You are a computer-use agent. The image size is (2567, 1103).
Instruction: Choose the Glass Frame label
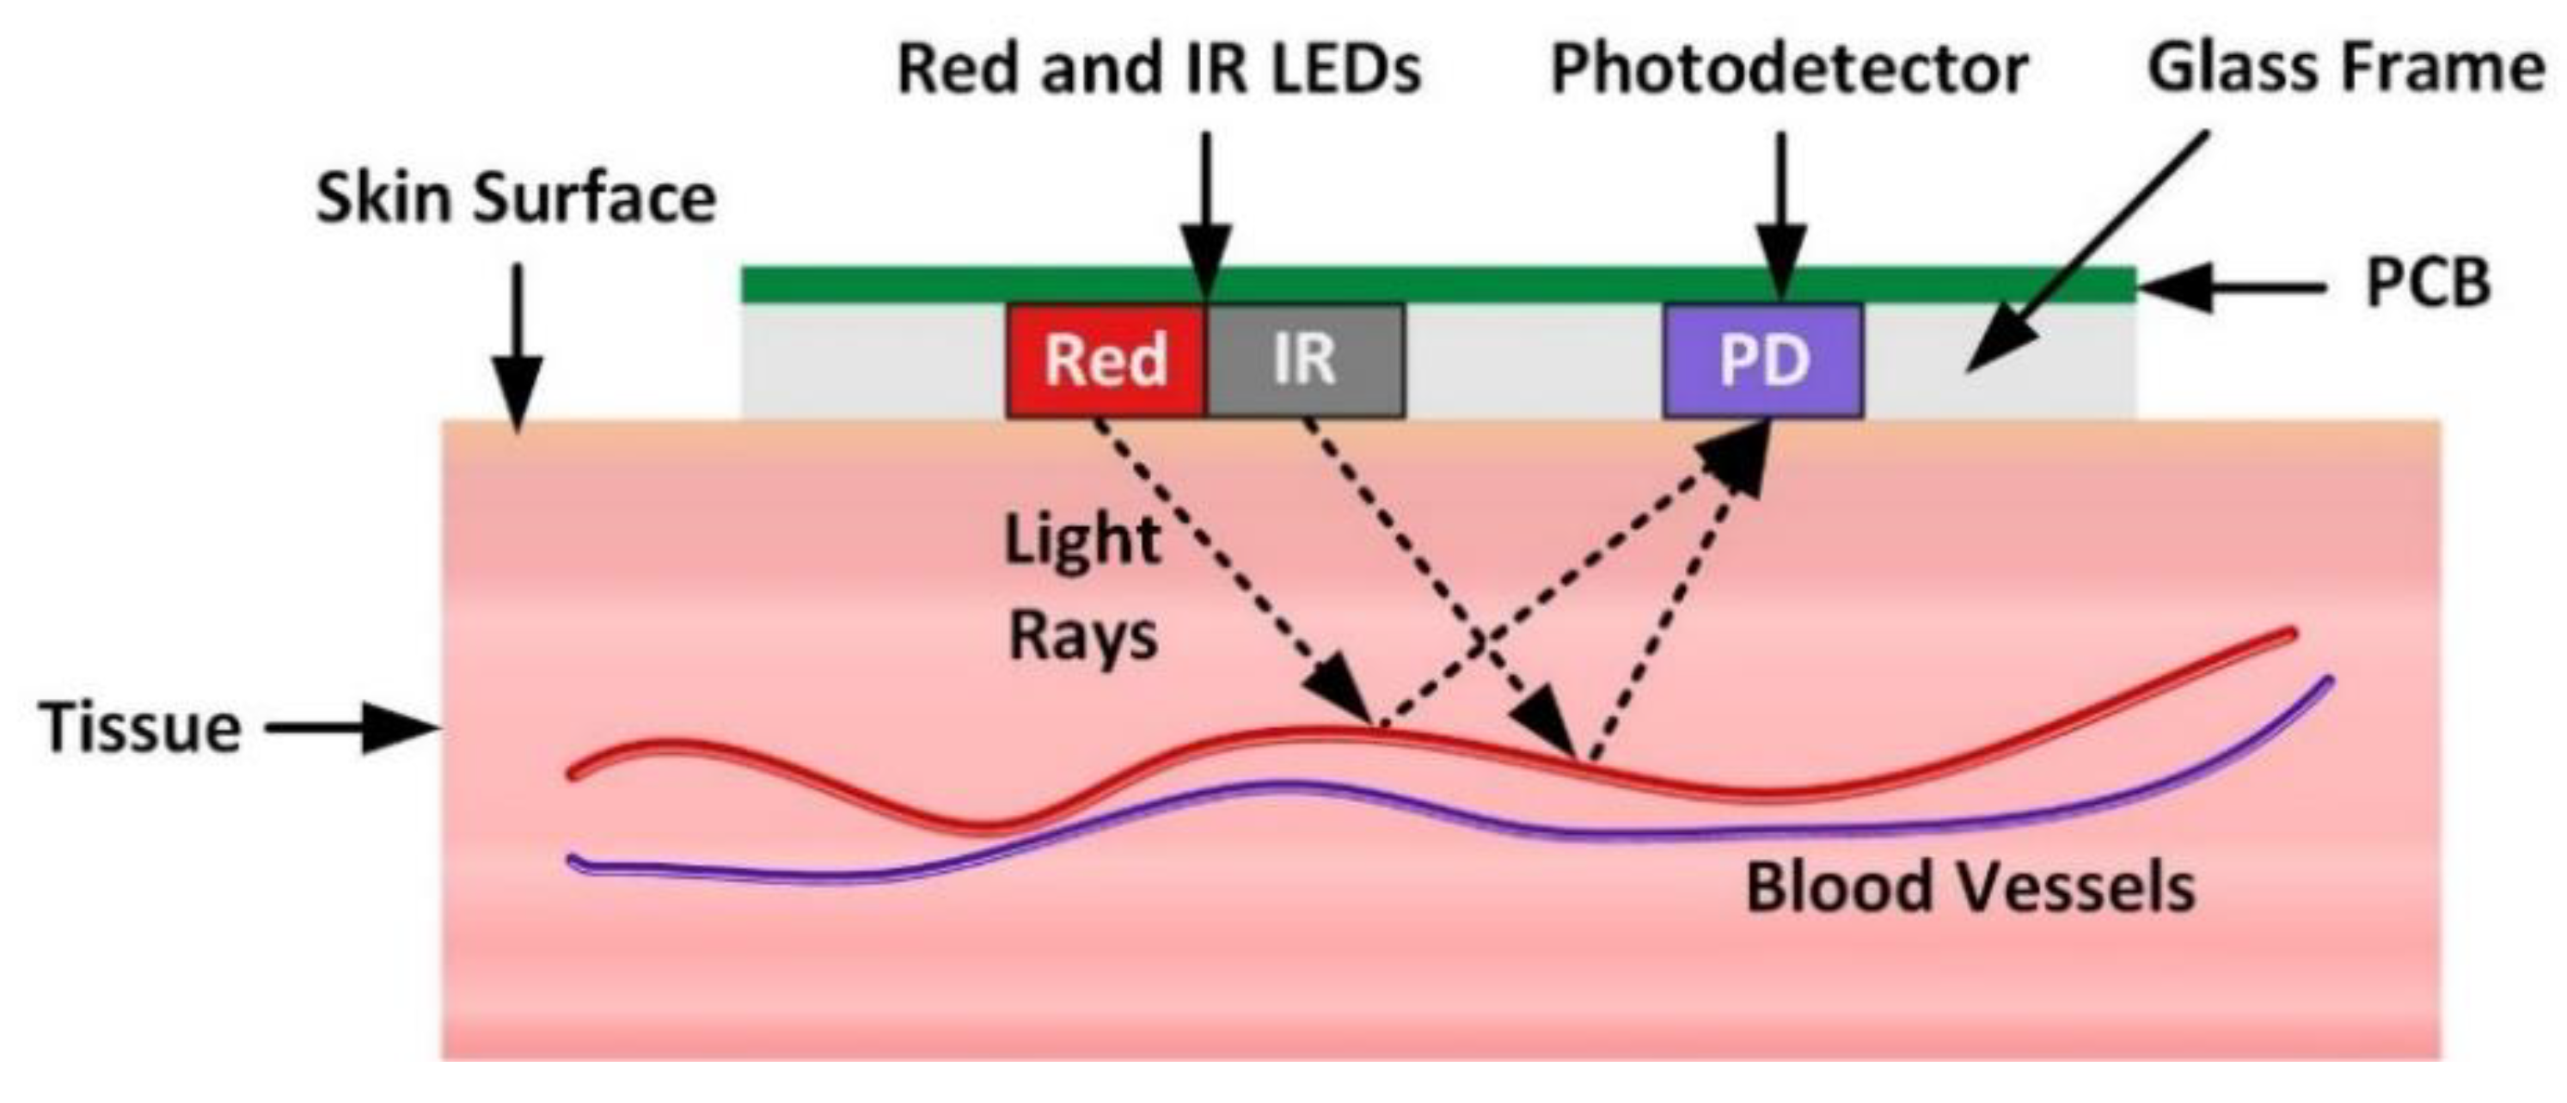2343,70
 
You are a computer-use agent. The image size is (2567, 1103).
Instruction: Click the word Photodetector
1790,70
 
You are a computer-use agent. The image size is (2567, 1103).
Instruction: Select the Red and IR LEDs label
1159,70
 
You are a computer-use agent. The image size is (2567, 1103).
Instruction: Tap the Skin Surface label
515,199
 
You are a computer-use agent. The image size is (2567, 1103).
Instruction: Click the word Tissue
140,728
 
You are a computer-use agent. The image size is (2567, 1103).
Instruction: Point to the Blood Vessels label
1970,886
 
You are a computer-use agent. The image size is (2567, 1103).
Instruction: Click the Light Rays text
1083,588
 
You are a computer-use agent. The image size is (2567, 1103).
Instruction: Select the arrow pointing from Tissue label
354,728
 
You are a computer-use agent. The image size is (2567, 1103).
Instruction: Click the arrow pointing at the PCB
2233,289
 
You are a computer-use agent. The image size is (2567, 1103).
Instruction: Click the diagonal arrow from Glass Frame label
2083,254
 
